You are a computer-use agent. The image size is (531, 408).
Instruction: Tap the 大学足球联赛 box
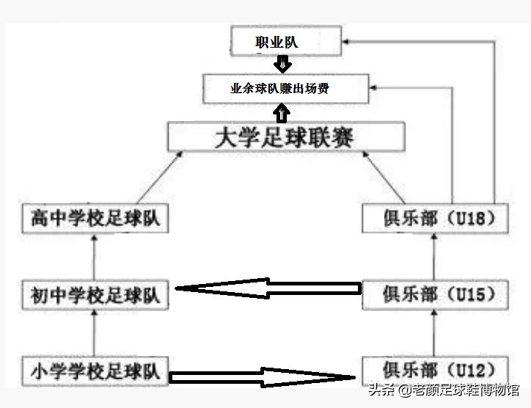(286, 137)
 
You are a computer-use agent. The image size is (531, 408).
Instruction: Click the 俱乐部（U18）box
(434, 219)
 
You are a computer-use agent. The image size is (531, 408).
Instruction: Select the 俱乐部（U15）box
(434, 294)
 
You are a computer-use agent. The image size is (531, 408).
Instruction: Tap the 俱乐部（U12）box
(434, 367)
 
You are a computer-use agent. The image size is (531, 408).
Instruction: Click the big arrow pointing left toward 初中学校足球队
(268, 289)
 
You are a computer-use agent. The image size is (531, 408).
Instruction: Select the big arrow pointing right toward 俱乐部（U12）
(264, 377)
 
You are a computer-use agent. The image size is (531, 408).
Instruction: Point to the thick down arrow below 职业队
(281, 63)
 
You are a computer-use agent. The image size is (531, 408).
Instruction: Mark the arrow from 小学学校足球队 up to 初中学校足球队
(95, 332)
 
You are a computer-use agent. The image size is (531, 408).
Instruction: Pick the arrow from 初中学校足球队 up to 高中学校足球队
(95, 257)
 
